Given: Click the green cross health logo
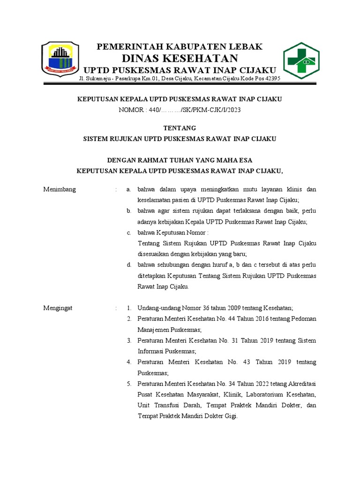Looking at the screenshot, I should [301, 60].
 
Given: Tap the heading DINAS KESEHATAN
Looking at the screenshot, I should [180, 58].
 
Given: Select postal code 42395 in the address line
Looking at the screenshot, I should [271, 78].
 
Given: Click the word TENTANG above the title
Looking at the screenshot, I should [179, 128].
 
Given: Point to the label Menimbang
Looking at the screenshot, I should [60, 189].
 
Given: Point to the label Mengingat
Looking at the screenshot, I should [59, 308].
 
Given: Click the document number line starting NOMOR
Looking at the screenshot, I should [180, 110].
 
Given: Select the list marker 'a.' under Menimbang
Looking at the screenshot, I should [128, 189].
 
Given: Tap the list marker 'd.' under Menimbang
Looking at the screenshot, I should [128, 265].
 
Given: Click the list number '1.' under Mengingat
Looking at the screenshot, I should [128, 308].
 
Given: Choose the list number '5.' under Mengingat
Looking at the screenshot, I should [128, 383].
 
